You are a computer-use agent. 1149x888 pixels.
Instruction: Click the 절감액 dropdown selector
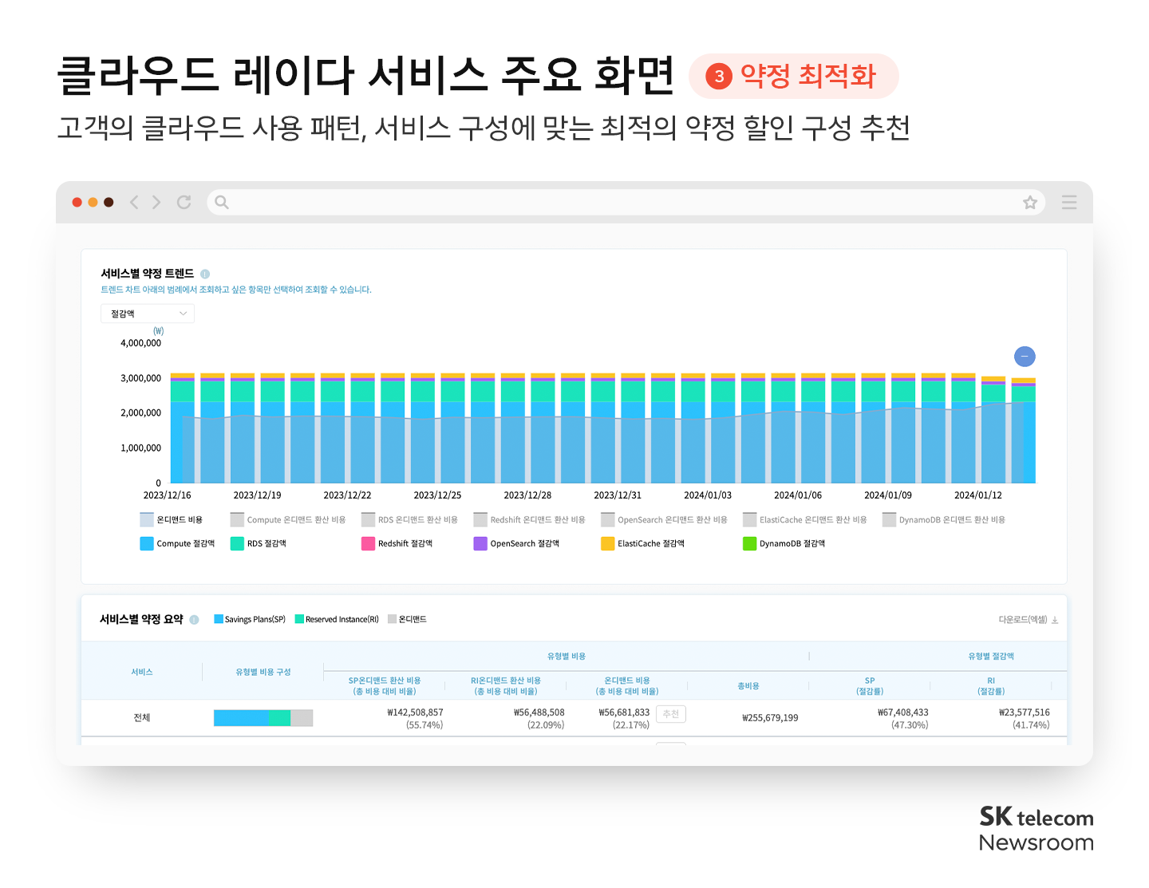click(x=148, y=314)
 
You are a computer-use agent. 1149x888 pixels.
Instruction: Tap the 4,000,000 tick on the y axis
click(x=140, y=343)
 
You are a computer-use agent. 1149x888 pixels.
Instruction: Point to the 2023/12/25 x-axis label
click(x=437, y=495)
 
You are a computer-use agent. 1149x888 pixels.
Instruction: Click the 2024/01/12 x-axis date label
click(x=977, y=495)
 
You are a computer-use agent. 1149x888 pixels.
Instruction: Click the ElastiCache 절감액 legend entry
click(x=642, y=543)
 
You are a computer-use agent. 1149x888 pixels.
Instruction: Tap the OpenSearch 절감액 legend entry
click(x=516, y=543)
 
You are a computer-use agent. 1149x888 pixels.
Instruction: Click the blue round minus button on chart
click(x=1025, y=357)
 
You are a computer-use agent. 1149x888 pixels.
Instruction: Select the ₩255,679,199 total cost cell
click(x=770, y=718)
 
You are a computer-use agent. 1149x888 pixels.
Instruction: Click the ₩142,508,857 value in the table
click(x=415, y=712)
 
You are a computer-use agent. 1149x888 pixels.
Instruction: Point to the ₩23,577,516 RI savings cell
click(x=1024, y=712)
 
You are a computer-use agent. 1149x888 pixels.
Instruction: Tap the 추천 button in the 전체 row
click(x=670, y=714)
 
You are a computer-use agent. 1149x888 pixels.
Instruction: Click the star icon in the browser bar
click(x=1030, y=203)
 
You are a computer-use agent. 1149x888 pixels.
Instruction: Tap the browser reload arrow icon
click(x=184, y=203)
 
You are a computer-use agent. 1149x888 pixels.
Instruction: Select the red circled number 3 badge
click(x=719, y=77)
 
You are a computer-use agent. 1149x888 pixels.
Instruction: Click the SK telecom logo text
click(x=1036, y=817)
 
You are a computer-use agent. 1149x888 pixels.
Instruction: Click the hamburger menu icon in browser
click(x=1069, y=203)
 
